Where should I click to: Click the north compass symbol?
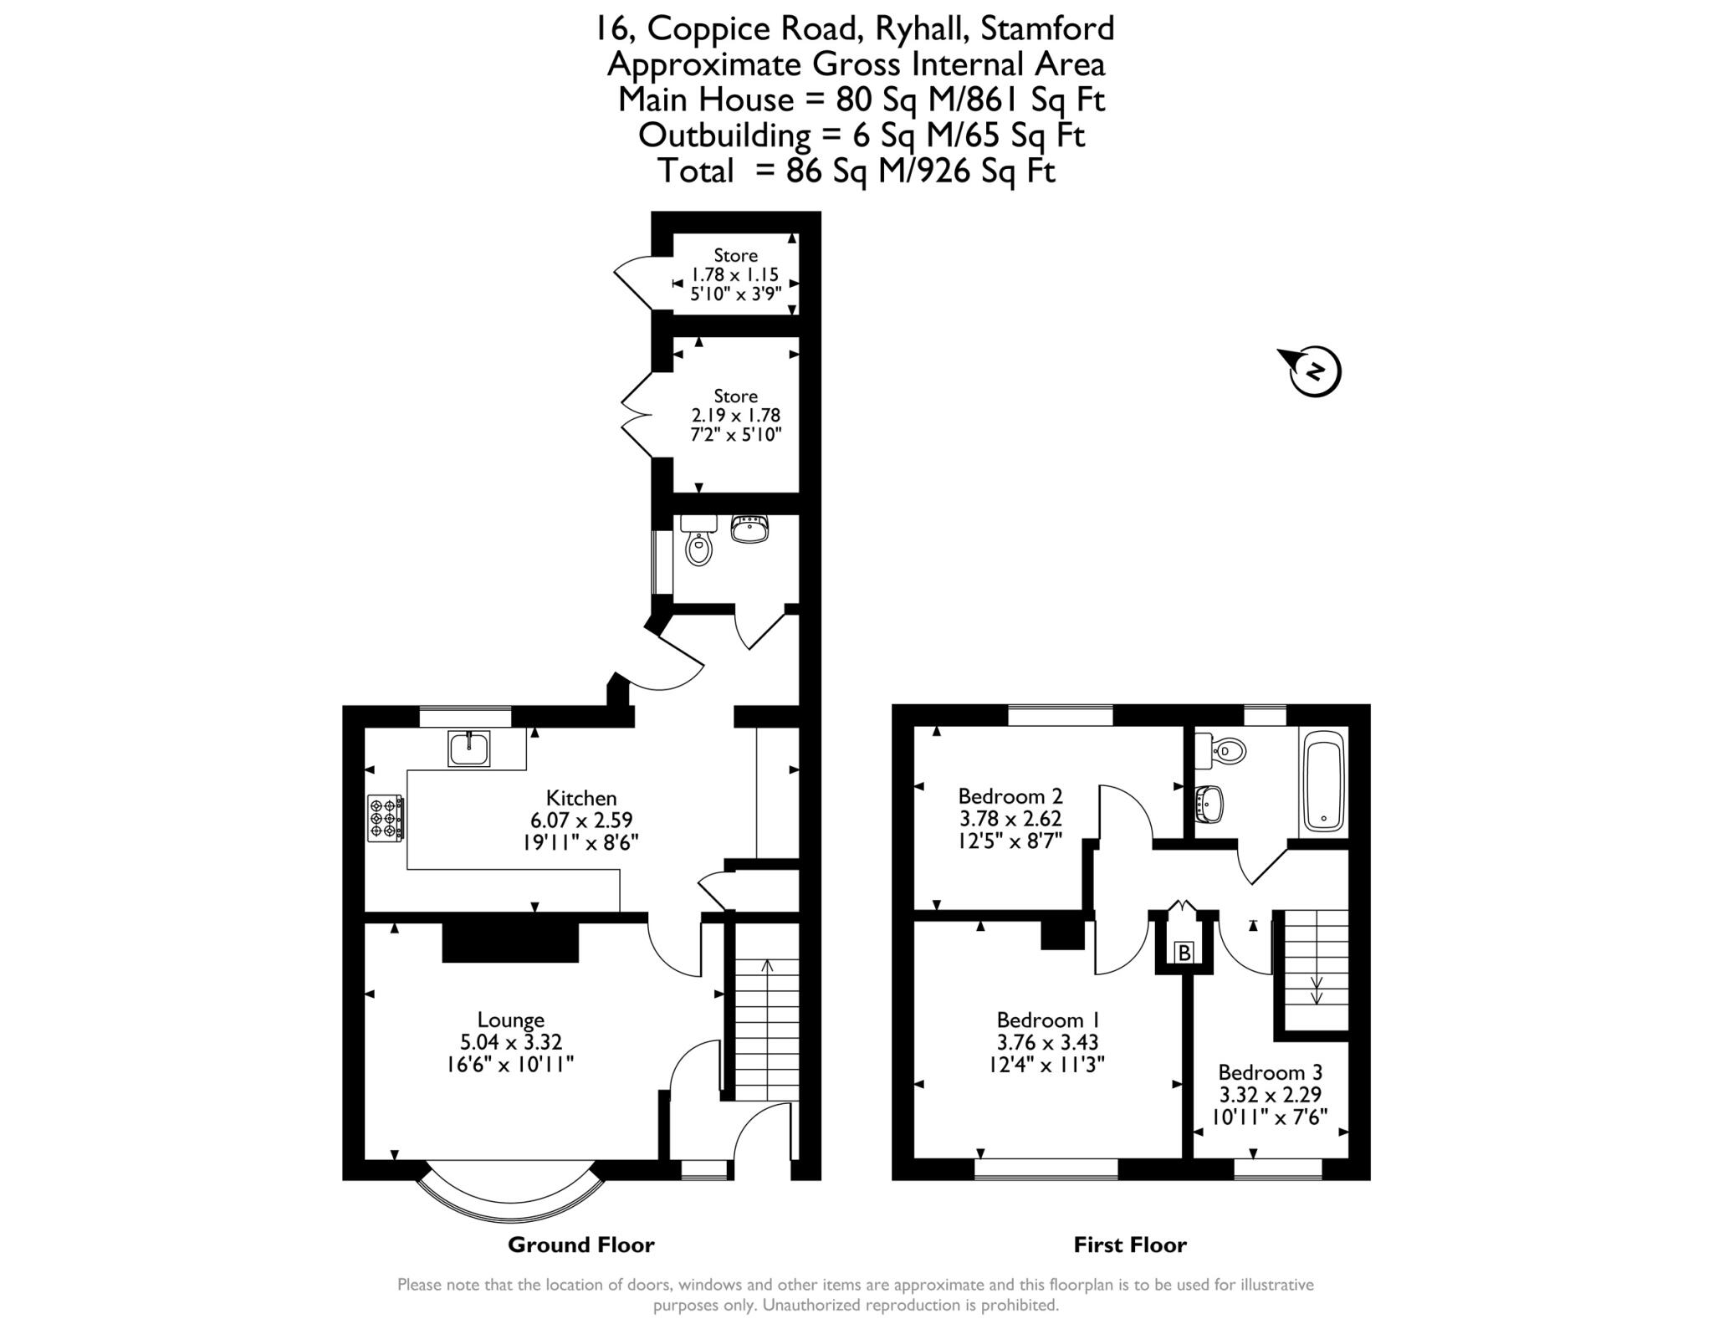(x=1314, y=371)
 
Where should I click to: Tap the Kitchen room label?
(x=581, y=798)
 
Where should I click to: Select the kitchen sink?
(x=468, y=749)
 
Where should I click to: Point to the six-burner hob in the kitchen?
(x=386, y=818)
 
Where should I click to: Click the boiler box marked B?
(x=1183, y=953)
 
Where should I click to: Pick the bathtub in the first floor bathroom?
(x=1324, y=781)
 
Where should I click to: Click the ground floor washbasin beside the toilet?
(x=749, y=529)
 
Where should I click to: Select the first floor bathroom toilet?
(x=1224, y=750)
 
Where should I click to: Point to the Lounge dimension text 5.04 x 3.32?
(x=510, y=1042)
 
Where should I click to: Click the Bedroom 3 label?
(x=1270, y=1072)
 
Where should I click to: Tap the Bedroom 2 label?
(x=1010, y=795)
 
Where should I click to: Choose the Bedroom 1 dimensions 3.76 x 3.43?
(x=1047, y=1042)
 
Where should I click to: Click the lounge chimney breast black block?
(x=510, y=943)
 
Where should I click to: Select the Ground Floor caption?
(x=580, y=1245)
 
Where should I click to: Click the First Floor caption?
(x=1130, y=1245)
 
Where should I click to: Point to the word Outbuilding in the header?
(x=724, y=135)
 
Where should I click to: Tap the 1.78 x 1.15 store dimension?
(x=734, y=274)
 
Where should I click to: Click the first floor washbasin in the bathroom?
(x=1209, y=804)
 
